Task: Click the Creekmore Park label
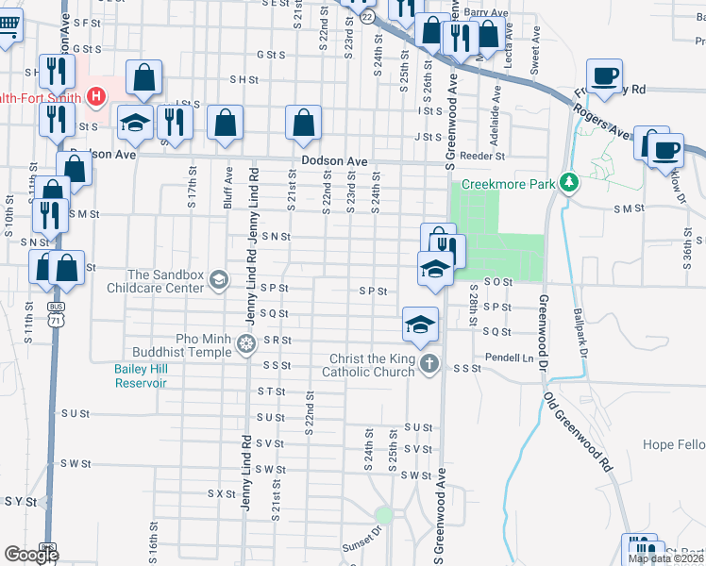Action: click(x=508, y=184)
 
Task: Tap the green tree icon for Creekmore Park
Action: click(x=568, y=181)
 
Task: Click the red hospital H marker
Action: click(x=95, y=95)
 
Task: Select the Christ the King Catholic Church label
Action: click(x=371, y=365)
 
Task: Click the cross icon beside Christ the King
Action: click(x=429, y=365)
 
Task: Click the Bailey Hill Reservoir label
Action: click(x=141, y=376)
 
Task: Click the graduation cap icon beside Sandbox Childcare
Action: click(x=219, y=278)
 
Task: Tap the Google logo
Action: click(x=31, y=555)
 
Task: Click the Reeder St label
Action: click(x=488, y=156)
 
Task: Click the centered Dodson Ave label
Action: click(x=334, y=161)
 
